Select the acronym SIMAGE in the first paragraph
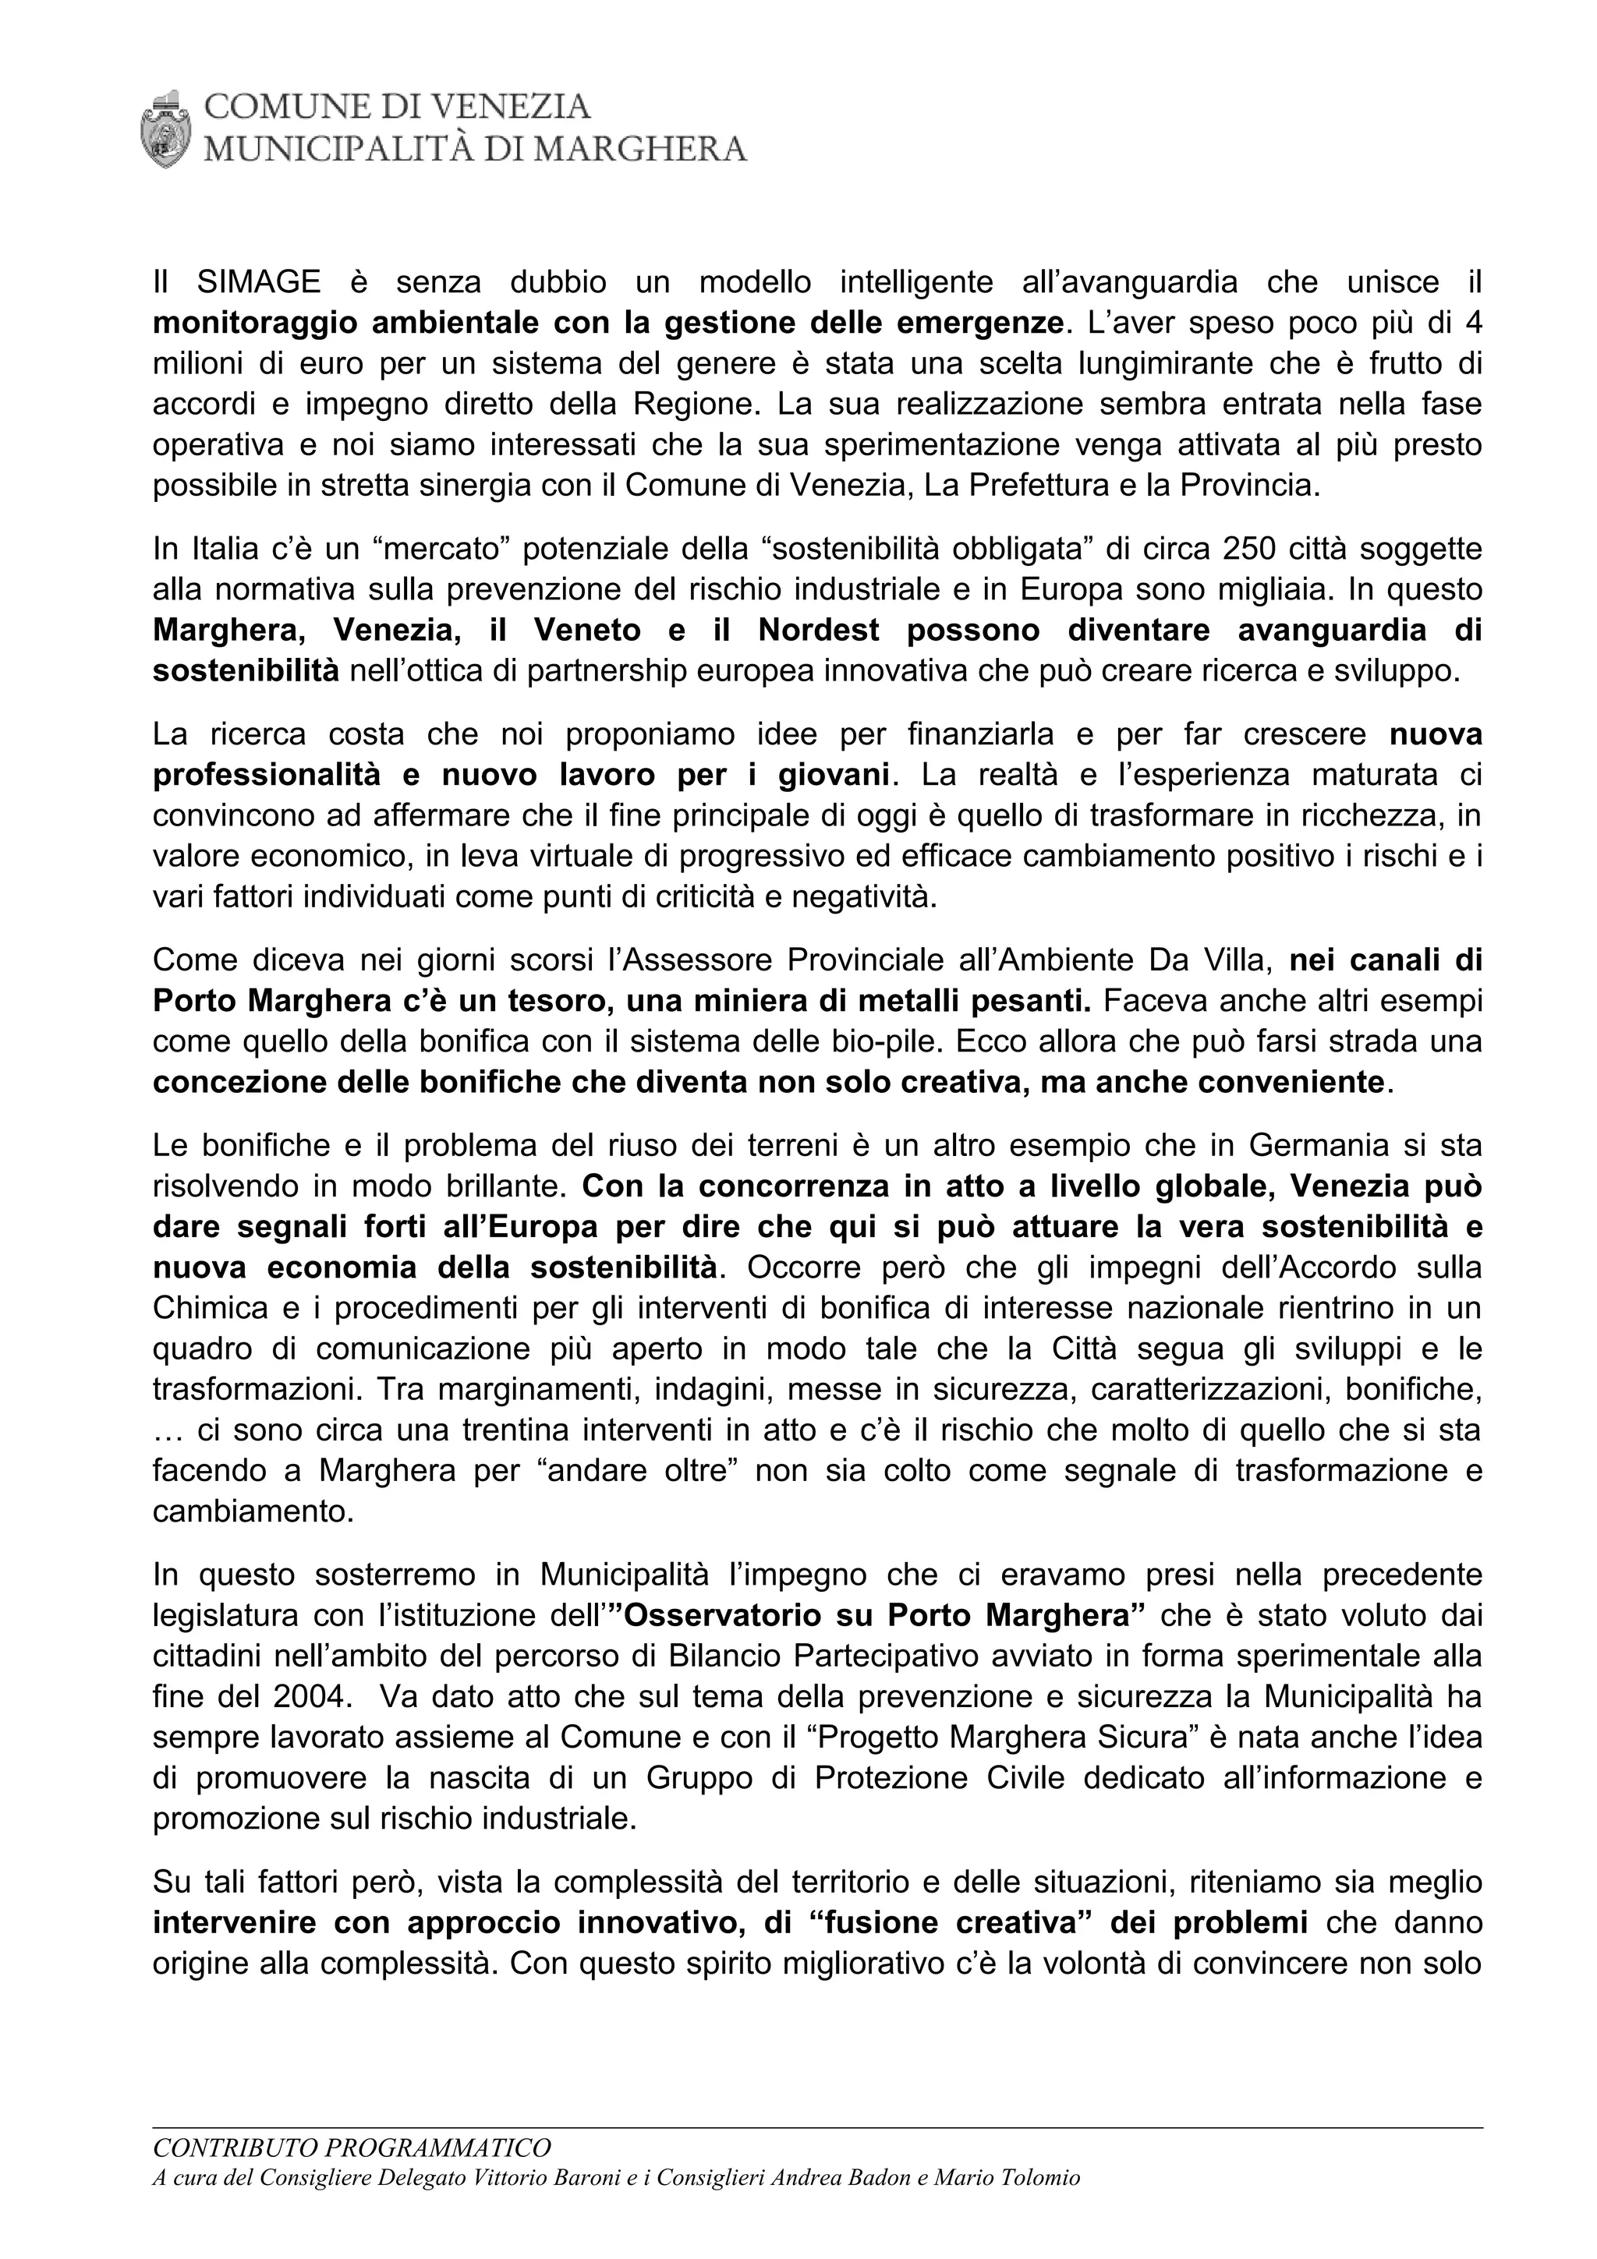tap(259, 282)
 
